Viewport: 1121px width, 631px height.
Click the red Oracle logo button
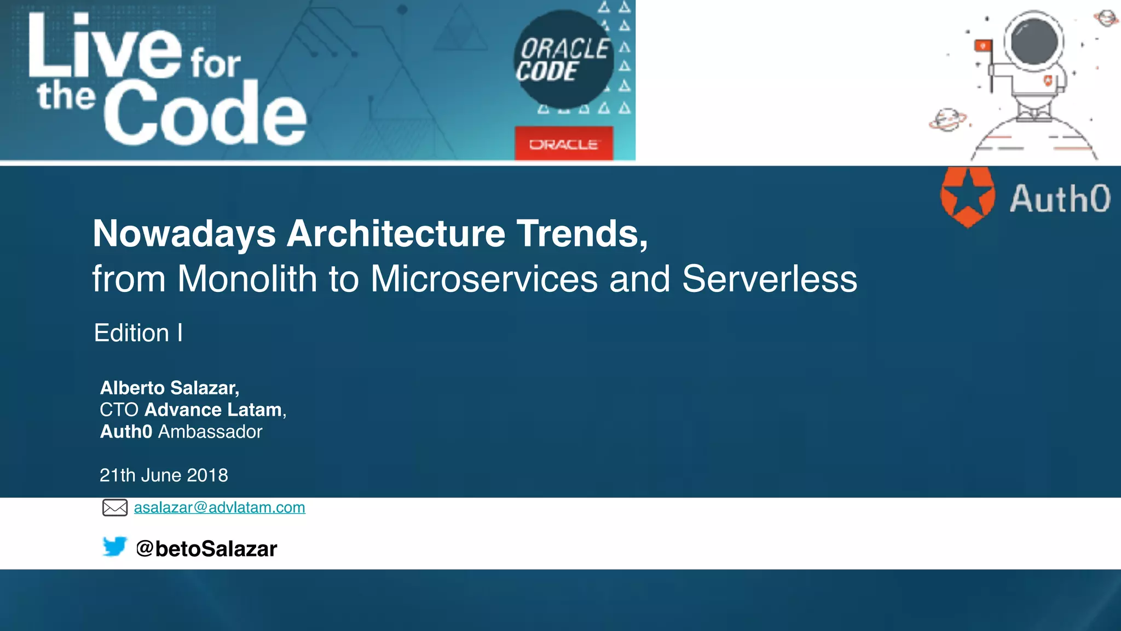(563, 144)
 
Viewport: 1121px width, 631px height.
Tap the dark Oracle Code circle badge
(563, 59)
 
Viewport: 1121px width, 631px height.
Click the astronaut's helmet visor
(1033, 42)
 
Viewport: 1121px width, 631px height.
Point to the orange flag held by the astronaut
(983, 45)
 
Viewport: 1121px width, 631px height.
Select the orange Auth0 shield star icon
(967, 197)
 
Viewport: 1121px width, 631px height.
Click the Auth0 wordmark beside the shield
(1060, 198)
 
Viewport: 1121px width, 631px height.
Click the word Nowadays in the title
(184, 234)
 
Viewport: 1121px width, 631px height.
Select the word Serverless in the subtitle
(769, 279)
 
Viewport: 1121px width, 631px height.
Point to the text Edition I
(138, 333)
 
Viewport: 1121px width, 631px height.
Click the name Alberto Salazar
(169, 388)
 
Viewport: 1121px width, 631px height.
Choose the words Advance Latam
(213, 410)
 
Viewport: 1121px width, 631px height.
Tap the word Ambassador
(210, 432)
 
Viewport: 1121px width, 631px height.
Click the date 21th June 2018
(164, 475)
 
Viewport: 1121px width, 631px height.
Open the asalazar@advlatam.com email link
(219, 507)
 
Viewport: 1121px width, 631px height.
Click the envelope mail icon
(115, 508)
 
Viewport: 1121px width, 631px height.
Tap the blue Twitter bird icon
(114, 547)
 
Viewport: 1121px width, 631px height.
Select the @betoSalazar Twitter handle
(206, 548)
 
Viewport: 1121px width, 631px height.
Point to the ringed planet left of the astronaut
(947, 120)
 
